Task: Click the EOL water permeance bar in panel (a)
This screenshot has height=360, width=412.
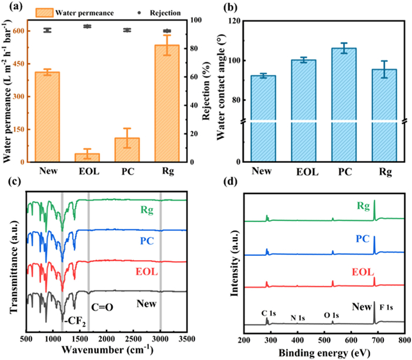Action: (x=87, y=157)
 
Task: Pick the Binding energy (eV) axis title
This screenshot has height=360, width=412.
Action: (x=324, y=352)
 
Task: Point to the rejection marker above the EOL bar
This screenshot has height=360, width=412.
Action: (x=87, y=26)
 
